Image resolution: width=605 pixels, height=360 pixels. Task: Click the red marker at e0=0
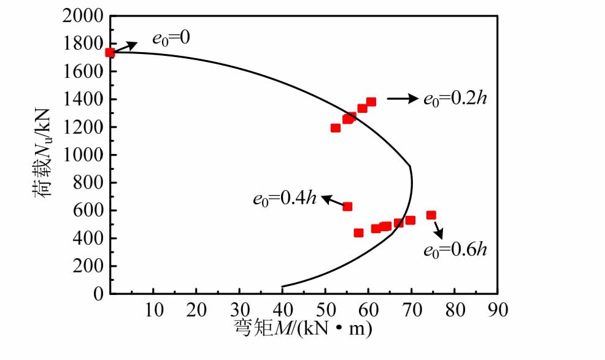click(110, 53)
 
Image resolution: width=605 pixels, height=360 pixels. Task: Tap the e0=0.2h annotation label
click(455, 99)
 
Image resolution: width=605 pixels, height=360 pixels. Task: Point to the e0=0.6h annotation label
click(455, 250)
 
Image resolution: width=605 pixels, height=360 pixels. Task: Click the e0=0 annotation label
click(167, 38)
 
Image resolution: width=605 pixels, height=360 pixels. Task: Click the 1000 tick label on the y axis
click(82, 155)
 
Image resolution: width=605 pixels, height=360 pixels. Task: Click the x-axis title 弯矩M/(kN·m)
click(303, 330)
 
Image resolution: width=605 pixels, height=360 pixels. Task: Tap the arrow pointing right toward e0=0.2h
click(402, 98)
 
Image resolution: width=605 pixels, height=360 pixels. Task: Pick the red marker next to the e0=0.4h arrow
click(347, 207)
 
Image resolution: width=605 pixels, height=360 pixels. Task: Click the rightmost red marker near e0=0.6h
click(431, 215)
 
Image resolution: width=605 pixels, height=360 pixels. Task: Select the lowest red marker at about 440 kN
click(358, 233)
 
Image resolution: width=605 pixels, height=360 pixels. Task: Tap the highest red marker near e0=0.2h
click(371, 102)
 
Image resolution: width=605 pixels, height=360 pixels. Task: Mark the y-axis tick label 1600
click(82, 71)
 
